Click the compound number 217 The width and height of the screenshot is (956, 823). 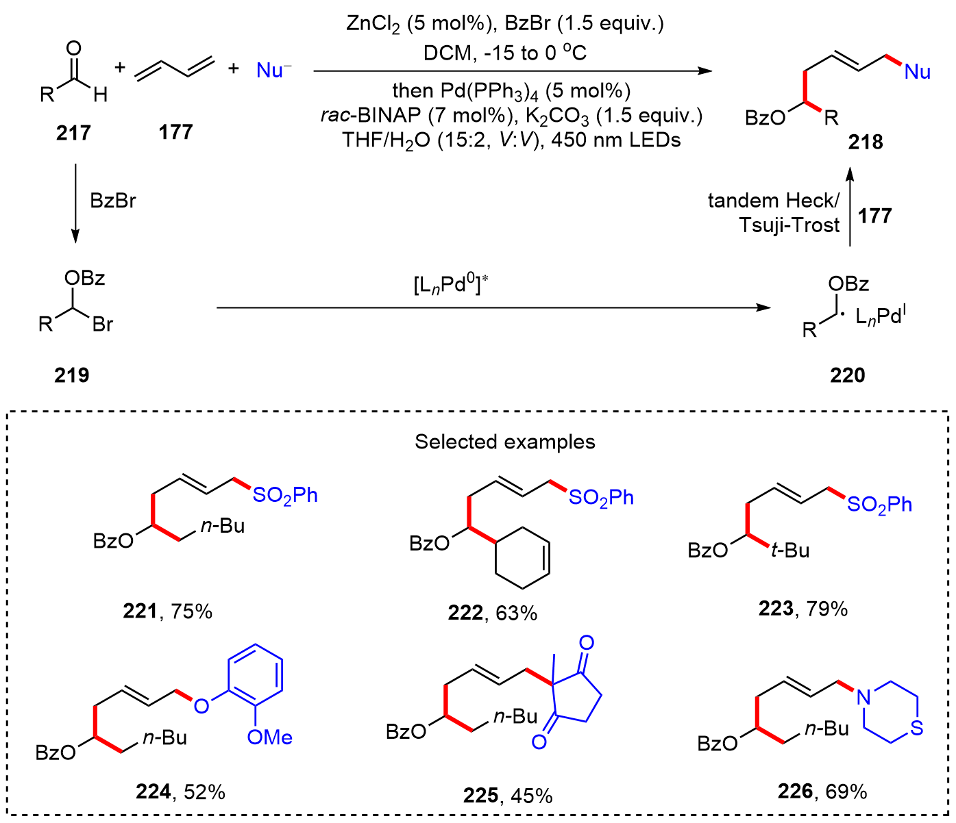73,132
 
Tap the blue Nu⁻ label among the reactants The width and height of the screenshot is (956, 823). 273,70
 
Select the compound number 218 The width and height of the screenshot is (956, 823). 866,142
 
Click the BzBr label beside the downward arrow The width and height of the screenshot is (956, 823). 113,201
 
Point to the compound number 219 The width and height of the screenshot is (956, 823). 72,375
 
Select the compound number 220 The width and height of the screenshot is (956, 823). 848,375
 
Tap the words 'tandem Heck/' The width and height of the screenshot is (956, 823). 773,201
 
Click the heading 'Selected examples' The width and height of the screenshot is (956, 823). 505,442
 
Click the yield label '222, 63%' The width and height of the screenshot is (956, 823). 493,612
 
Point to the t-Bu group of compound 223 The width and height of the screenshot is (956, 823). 790,550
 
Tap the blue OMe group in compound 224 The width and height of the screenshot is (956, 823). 269,737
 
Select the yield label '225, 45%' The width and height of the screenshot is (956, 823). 508,795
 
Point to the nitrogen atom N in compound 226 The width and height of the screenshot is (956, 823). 863,697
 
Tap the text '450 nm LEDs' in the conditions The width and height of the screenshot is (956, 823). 616,140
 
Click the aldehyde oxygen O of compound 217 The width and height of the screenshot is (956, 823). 73,49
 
